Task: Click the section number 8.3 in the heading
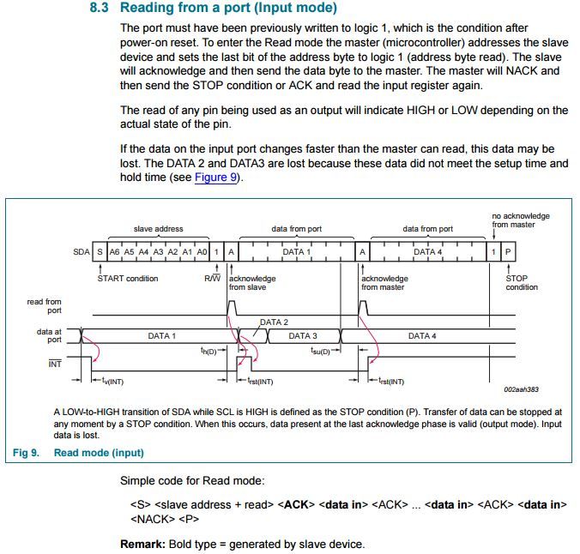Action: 100,8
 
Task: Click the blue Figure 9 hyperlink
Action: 215,178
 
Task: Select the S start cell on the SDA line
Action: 100,252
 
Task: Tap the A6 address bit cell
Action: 114,252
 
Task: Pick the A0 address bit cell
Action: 202,252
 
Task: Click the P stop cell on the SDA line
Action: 508,252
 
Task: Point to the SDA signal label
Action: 82,252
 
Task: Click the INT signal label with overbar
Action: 55,364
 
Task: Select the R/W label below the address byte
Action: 212,278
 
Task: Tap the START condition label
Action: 128,279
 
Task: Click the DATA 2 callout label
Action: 274,322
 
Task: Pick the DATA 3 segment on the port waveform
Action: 303,336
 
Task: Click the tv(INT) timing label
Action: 112,381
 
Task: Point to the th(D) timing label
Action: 208,351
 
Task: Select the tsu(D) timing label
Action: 320,351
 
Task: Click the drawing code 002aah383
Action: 521,389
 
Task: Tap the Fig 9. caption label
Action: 26,453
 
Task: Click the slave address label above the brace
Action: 159,229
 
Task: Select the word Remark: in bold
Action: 142,544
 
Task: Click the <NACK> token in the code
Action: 153,519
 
